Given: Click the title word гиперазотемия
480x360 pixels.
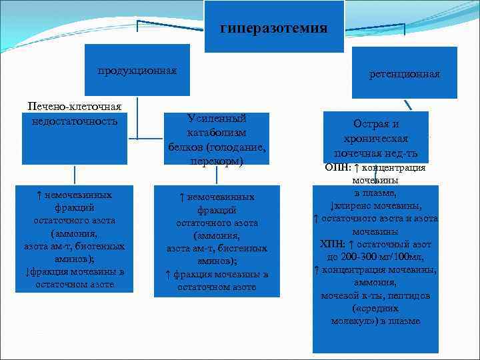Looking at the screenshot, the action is [x=273, y=28].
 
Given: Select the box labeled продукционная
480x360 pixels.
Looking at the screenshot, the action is [x=137, y=71].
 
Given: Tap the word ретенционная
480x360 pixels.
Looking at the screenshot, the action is [x=405, y=74].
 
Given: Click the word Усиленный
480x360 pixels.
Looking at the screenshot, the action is [x=217, y=119].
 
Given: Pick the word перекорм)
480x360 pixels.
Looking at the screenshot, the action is [x=217, y=161].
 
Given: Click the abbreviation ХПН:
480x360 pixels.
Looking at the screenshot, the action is [x=332, y=244].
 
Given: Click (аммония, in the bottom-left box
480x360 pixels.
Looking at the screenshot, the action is [x=74, y=233].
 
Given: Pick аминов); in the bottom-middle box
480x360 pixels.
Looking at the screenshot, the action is [x=217, y=261].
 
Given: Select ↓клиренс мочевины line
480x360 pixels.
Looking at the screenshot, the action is [x=375, y=206].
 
